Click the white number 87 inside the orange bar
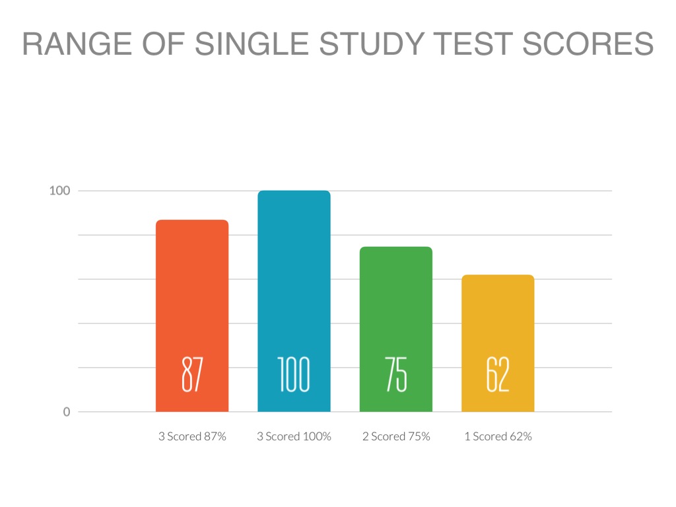pos(192,374)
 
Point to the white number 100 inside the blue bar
pos(294,374)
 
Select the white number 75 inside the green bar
pos(395,374)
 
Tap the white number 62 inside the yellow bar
pos(498,374)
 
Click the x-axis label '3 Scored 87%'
pos(192,436)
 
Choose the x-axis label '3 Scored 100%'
pos(294,436)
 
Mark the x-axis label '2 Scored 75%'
pos(396,436)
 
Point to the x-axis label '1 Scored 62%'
pos(498,436)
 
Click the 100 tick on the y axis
pos(59,191)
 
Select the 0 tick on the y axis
pos(66,412)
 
